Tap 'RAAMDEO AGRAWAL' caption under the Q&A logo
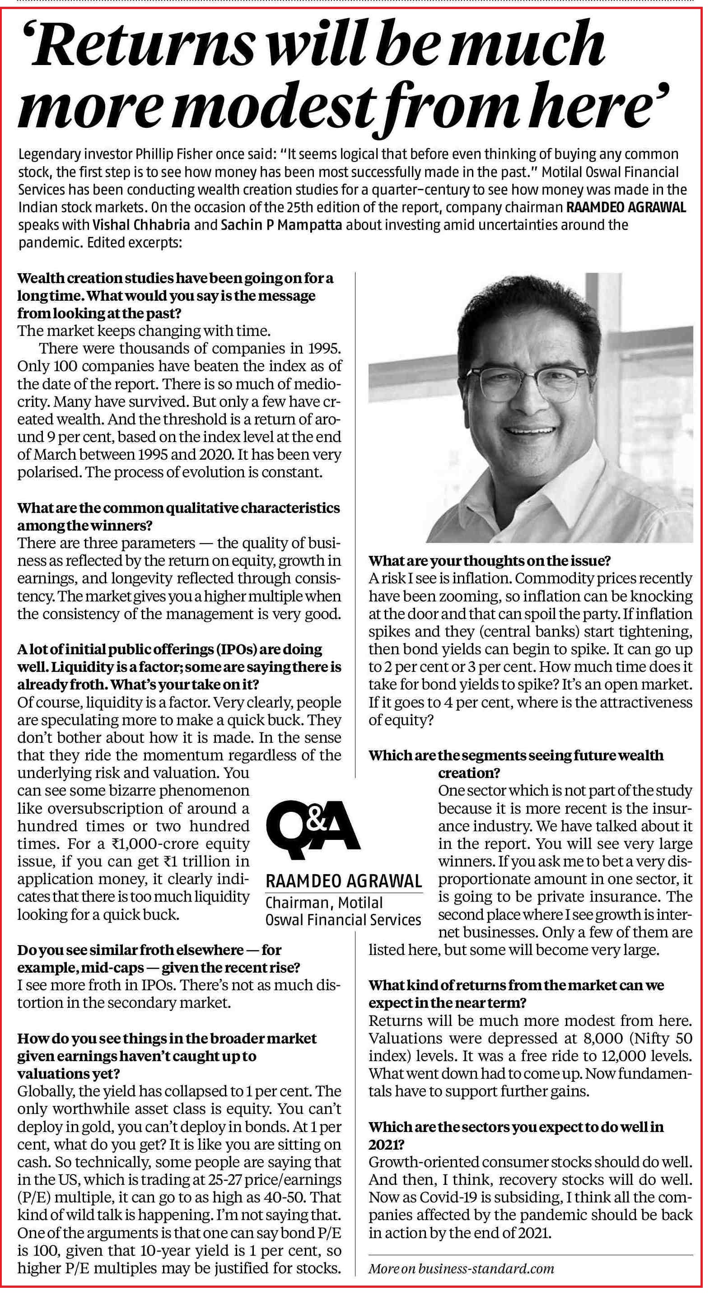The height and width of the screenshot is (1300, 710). [x=344, y=881]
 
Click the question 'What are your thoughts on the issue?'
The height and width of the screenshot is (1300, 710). [x=490, y=561]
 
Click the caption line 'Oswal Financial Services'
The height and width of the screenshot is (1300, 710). [x=343, y=919]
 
